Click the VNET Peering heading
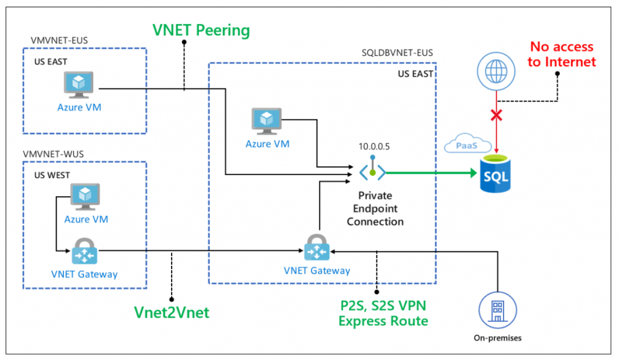pos(201,30)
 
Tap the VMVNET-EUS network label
pos(59,40)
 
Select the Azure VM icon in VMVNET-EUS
pos(79,85)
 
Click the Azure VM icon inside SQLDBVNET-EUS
pos(267,121)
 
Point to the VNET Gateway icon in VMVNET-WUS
pos(85,251)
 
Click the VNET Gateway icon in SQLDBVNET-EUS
pos(317,248)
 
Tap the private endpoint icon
pos(372,169)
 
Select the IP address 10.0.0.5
pos(374,147)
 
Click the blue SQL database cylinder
pos(496,174)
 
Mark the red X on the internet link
pos(496,115)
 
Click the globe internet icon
pos(496,71)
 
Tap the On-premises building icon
pos(498,310)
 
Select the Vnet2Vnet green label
pos(172,313)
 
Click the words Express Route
pos(383,321)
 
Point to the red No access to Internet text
pos(562,54)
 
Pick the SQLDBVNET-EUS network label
pos(397,53)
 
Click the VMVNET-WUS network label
pos(53,154)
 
